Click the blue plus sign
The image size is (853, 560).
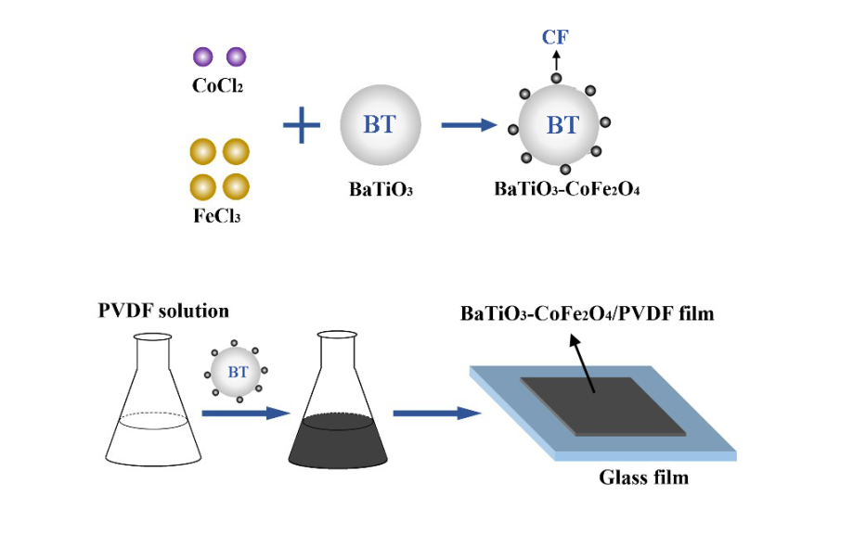(x=301, y=125)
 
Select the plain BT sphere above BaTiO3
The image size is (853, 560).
(x=380, y=124)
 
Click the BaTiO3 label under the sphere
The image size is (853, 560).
(x=381, y=190)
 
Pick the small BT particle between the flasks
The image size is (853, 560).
(x=238, y=373)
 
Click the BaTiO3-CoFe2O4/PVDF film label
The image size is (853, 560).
(x=588, y=313)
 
